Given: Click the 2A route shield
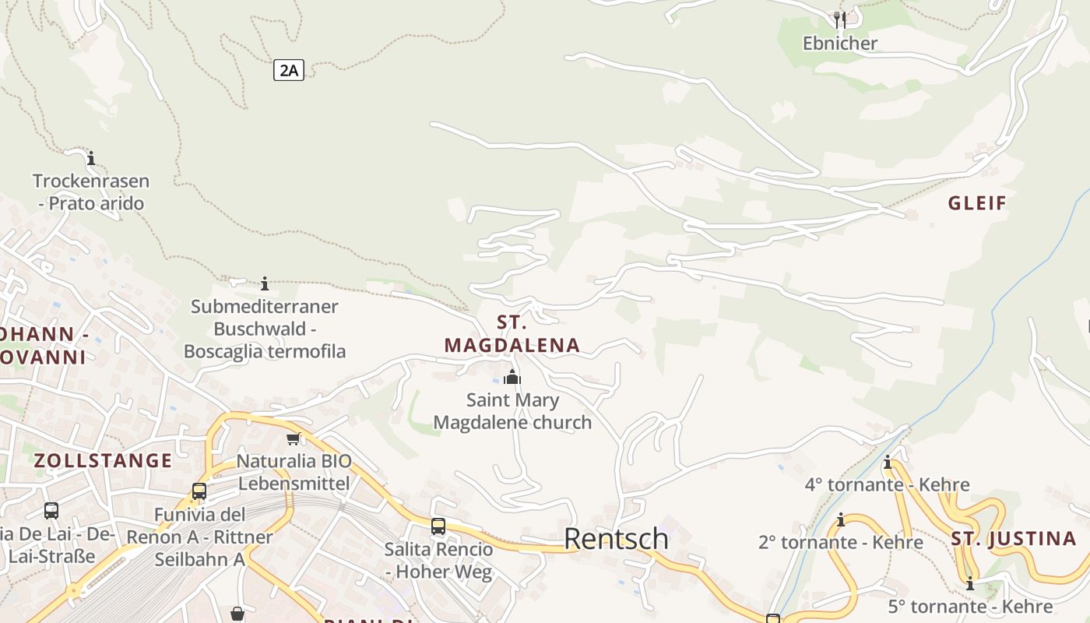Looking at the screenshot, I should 289,70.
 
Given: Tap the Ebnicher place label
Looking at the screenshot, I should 840,43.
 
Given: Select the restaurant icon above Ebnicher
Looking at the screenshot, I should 839,19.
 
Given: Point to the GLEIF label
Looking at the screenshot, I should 978,203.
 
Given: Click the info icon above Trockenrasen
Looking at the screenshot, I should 91,158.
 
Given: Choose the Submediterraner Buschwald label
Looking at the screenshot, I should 265,329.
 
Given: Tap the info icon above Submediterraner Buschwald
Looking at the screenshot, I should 265,283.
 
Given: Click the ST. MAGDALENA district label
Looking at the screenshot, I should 512,334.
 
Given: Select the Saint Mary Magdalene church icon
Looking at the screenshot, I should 512,378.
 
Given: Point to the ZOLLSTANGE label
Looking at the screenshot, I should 103,460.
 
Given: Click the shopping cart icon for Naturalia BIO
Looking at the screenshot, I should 294,439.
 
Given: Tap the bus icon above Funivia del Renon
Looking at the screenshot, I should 199,491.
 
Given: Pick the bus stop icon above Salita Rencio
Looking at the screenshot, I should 438,526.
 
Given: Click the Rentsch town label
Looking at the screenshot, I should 616,538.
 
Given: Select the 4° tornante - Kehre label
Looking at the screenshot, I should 888,484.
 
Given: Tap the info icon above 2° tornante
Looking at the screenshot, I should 841,519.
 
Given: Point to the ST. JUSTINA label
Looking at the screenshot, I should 1014,538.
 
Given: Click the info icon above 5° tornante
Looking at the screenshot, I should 970,583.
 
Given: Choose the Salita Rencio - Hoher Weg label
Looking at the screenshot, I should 438,561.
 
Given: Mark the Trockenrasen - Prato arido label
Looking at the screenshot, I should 91,192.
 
